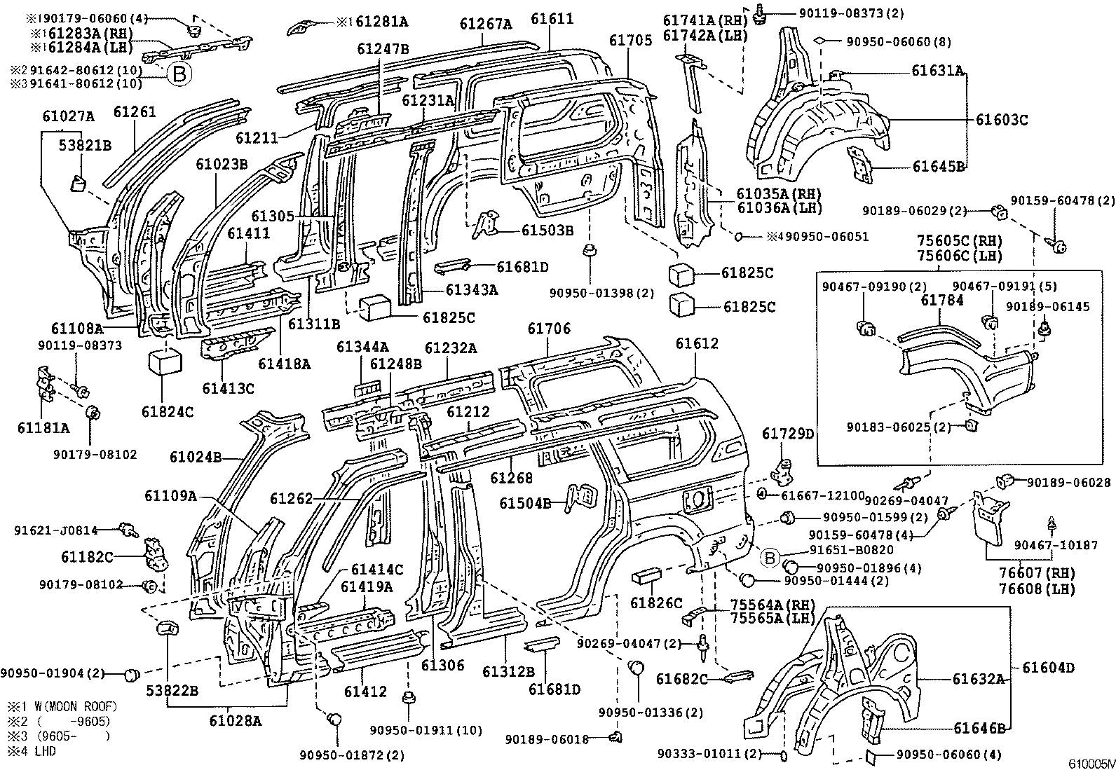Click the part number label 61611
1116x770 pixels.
pyautogui.click(x=552, y=19)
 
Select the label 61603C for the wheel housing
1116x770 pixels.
pyautogui.click(x=1001, y=120)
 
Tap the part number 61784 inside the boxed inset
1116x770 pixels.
pyautogui.click(x=942, y=301)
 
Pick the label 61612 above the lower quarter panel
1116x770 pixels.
pyautogui.click(x=697, y=343)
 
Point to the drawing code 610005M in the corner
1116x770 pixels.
pyautogui.click(x=1091, y=763)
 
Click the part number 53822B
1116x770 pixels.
pyautogui.click(x=172, y=691)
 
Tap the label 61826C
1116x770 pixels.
pyautogui.click(x=656, y=603)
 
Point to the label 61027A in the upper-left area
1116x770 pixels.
pyautogui.click(x=68, y=116)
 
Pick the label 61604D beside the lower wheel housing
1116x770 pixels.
pyautogui.click(x=1048, y=668)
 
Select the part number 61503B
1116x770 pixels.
pyautogui.click(x=547, y=230)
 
